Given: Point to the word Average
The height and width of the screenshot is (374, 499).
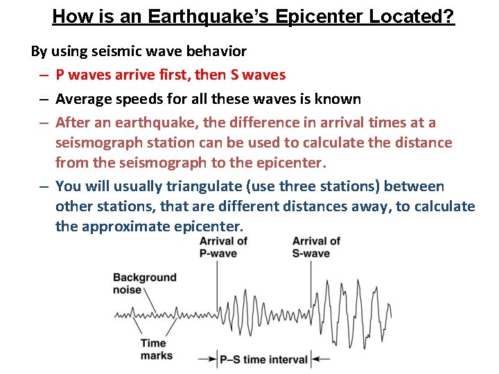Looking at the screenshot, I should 83,99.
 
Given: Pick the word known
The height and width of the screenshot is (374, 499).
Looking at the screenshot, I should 338,99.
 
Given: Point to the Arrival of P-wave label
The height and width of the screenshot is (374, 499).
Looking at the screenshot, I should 222,247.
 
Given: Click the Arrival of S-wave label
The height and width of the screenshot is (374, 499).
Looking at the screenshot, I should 315,247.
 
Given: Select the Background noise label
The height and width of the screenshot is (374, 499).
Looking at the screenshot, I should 145,284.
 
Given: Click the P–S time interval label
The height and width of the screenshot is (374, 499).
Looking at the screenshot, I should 264,359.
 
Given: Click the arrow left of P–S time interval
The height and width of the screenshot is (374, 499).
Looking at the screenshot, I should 207,359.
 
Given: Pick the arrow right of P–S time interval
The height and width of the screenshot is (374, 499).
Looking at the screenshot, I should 319,359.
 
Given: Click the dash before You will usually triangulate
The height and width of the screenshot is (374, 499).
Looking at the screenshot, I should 43,187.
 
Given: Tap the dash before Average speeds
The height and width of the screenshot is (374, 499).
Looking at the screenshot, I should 43,100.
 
